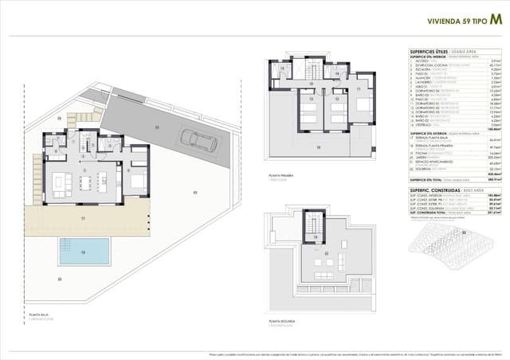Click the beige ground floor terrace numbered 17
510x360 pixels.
tap(84, 216)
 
